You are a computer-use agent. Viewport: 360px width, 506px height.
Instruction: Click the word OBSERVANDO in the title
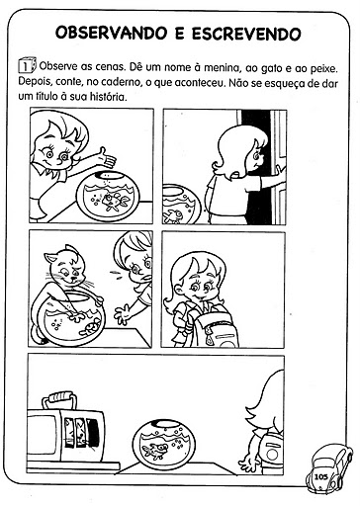pyautogui.click(x=111, y=33)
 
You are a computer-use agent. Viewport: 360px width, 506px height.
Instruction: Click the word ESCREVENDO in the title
pyautogui.click(x=246, y=34)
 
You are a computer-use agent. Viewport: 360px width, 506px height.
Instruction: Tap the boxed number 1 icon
pyautogui.click(x=27, y=65)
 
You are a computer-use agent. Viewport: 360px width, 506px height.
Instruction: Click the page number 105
pyautogui.click(x=321, y=476)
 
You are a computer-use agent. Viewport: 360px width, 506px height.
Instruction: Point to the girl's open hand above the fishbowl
pyautogui.click(x=108, y=158)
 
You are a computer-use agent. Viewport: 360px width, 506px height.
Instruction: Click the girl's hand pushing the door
pyautogui.click(x=279, y=172)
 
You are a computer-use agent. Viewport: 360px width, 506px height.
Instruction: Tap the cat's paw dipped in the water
pyautogui.click(x=77, y=317)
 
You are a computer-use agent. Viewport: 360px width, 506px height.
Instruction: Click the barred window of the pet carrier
pyautogui.click(x=81, y=432)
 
